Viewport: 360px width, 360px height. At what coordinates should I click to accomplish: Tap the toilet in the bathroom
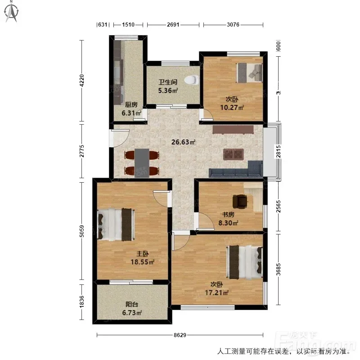(191, 80)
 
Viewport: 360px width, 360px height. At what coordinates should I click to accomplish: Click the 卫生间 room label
(168, 82)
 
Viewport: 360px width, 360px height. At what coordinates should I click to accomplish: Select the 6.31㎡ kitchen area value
(131, 113)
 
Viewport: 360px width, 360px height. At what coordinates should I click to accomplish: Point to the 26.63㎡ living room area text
(183, 142)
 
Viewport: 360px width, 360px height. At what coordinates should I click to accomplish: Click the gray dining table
(142, 163)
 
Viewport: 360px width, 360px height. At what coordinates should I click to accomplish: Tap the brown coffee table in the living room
(233, 154)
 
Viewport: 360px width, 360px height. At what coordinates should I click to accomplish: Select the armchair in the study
(240, 201)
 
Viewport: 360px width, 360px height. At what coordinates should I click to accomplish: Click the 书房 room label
(228, 215)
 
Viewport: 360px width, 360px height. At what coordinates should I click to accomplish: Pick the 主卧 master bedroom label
(143, 254)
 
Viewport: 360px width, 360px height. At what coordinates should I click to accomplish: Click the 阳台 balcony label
(132, 305)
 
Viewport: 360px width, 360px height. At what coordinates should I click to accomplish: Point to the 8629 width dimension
(180, 335)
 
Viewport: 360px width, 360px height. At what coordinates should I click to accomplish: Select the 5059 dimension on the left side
(81, 231)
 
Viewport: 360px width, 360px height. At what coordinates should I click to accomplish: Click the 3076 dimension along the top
(233, 25)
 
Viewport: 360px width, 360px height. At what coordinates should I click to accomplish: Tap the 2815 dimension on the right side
(278, 152)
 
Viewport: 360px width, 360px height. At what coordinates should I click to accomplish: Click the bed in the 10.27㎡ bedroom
(249, 72)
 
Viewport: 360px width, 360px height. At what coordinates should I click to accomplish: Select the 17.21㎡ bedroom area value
(216, 293)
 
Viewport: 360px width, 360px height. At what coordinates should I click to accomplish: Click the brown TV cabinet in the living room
(233, 129)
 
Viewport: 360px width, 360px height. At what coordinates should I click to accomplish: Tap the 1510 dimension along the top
(128, 25)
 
